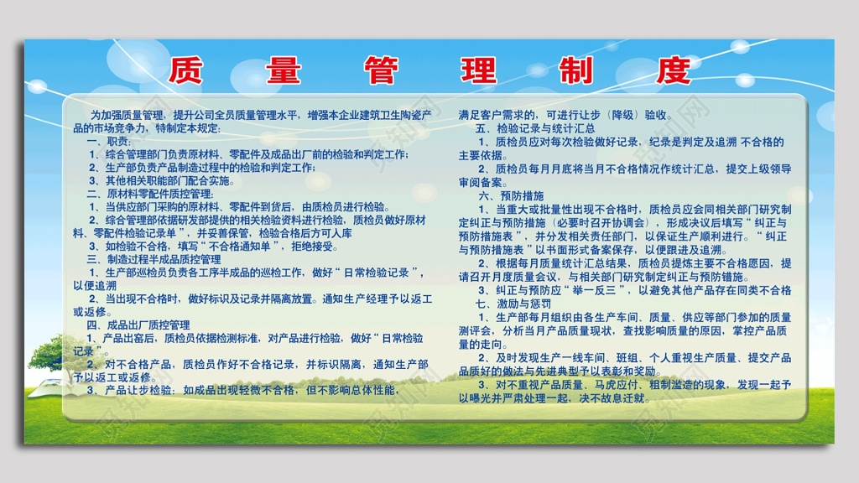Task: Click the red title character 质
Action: click(x=185, y=70)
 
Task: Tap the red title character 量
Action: click(x=283, y=70)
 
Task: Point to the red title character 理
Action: click(x=479, y=70)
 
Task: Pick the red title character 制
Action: click(x=577, y=70)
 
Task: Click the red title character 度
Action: click(x=674, y=70)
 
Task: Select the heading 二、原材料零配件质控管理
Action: click(x=150, y=194)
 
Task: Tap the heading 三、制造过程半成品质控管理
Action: click(x=154, y=259)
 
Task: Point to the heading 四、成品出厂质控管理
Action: click(x=138, y=325)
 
